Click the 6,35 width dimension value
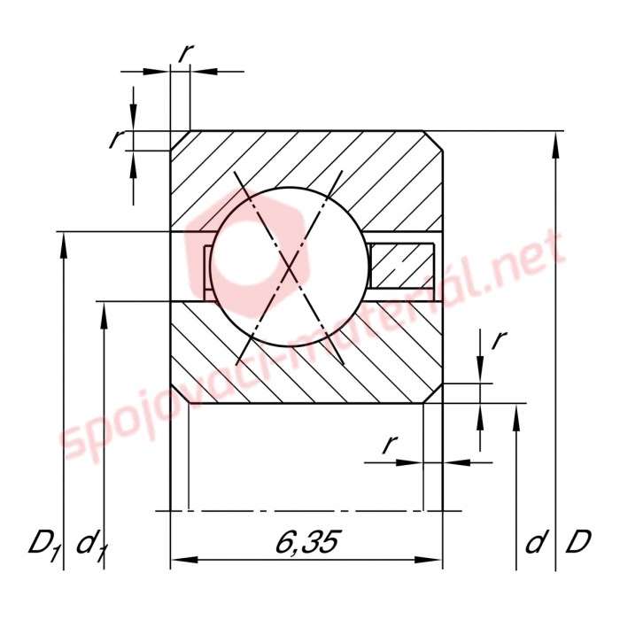click(306, 541)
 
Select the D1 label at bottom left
click(43, 545)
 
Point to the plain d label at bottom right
click(535, 542)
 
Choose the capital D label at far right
click(578, 542)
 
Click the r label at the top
click(185, 53)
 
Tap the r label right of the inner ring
click(499, 339)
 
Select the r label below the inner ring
click(390, 444)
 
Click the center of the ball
click(290, 267)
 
